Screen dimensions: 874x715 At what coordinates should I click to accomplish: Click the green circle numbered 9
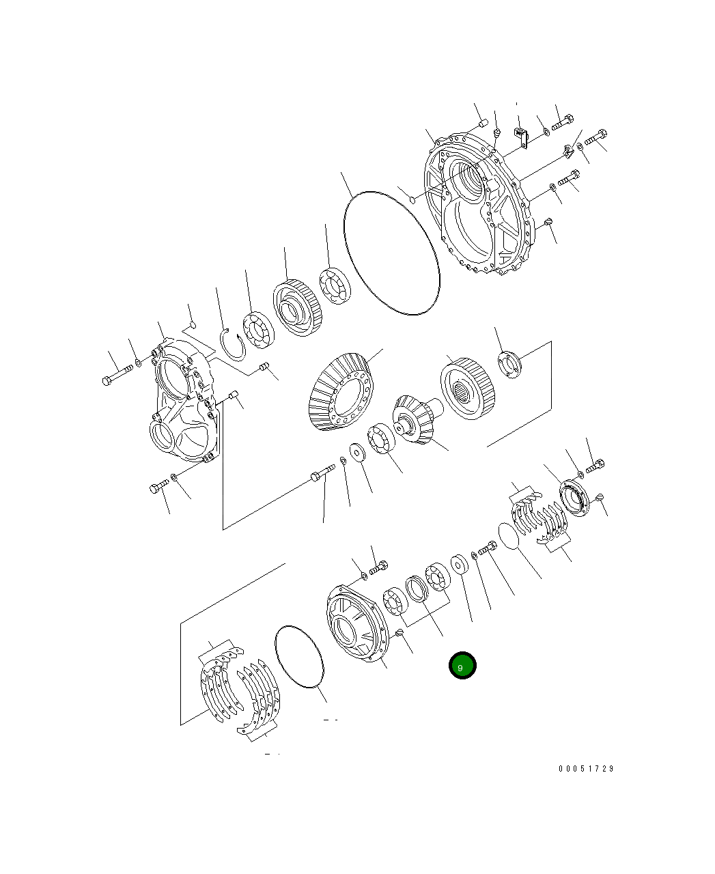click(462, 666)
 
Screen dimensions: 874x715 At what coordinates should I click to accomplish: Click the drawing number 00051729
click(586, 769)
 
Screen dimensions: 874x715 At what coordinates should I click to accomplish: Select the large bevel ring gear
click(341, 393)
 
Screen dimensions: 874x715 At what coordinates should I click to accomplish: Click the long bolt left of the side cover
click(118, 375)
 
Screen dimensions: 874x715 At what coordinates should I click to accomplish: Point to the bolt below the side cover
click(158, 487)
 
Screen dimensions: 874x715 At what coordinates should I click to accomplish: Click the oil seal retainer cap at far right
click(573, 498)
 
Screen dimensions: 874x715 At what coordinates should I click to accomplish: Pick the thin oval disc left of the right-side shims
click(508, 536)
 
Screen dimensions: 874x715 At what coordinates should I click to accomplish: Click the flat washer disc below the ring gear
click(357, 451)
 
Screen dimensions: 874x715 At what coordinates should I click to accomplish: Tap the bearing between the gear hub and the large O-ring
click(335, 285)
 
